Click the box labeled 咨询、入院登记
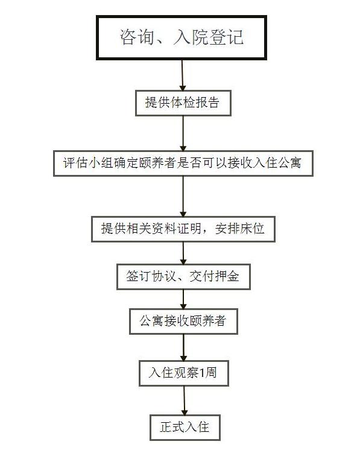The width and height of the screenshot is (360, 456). (x=182, y=38)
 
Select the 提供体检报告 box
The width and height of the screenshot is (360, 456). (x=183, y=103)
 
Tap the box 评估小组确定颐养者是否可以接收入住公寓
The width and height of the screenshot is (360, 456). (x=183, y=163)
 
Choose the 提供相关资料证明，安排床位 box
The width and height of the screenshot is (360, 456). (x=183, y=229)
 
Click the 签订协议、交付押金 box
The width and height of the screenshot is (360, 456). (x=183, y=277)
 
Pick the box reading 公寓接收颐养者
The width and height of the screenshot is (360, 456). (x=183, y=321)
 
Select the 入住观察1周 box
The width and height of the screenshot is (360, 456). (x=184, y=373)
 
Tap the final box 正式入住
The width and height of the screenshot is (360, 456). (x=185, y=428)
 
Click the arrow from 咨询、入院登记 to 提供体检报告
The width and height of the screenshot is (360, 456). (x=182, y=75)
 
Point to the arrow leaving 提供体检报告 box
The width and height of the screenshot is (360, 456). (x=183, y=133)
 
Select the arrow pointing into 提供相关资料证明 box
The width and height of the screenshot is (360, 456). (x=183, y=196)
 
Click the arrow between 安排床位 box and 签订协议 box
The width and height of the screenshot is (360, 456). (x=183, y=253)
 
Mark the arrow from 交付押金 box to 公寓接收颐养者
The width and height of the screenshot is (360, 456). (x=183, y=299)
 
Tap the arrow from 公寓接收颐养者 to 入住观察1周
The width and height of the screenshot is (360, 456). (x=183, y=347)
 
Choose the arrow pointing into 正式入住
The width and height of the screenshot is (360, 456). (x=185, y=401)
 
